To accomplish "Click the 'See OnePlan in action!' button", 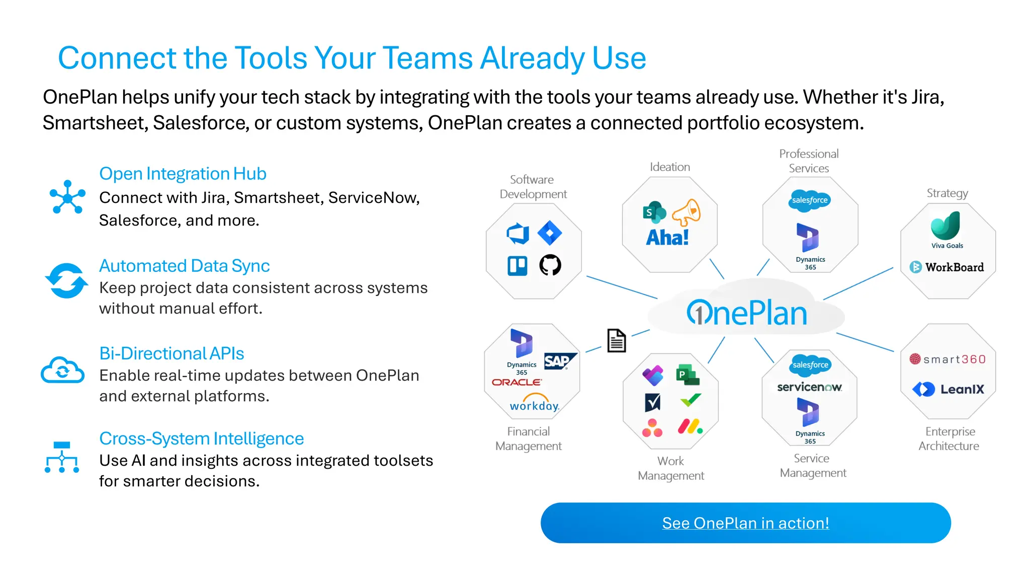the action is (x=745, y=523).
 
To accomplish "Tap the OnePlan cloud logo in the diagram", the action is (x=747, y=313).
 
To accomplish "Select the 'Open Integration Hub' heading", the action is (x=183, y=174).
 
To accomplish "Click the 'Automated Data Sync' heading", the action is (x=184, y=266).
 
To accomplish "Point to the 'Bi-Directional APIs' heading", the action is (x=171, y=353).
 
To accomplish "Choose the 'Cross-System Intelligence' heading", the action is (x=201, y=439).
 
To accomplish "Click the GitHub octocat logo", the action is (x=550, y=265).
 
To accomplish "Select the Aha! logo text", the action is (x=667, y=238).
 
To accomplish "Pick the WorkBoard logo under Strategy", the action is (x=947, y=267).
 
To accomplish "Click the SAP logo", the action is (x=558, y=361).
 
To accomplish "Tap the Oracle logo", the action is (x=517, y=383).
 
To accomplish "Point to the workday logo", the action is (x=534, y=404).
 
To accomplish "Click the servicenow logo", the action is (x=809, y=387).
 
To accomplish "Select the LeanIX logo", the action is (x=948, y=389).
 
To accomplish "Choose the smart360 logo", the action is (x=948, y=359).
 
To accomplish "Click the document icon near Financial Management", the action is (x=616, y=341).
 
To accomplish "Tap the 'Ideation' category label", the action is (x=669, y=167).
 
